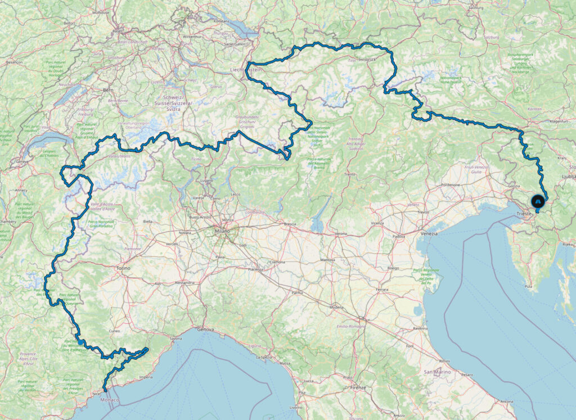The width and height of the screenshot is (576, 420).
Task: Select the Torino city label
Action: pyautogui.click(x=123, y=268)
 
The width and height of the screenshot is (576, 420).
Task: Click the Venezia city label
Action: pyautogui.click(x=429, y=233)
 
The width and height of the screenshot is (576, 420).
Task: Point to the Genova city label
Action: pyautogui.click(x=206, y=329)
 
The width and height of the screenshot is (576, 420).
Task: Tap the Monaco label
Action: pyautogui.click(x=109, y=400)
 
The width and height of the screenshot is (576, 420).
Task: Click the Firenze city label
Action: pyautogui.click(x=358, y=388)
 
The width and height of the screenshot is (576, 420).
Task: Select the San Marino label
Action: pyautogui.click(x=435, y=372)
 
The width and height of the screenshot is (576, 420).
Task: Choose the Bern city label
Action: pyautogui.click(x=108, y=90)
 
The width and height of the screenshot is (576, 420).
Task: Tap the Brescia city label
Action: pyautogui.click(x=290, y=224)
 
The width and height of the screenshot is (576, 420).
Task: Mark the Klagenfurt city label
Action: pyautogui.click(x=555, y=120)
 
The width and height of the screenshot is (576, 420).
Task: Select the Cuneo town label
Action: pyautogui.click(x=115, y=331)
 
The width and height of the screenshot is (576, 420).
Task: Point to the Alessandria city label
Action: pyautogui.click(x=186, y=282)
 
